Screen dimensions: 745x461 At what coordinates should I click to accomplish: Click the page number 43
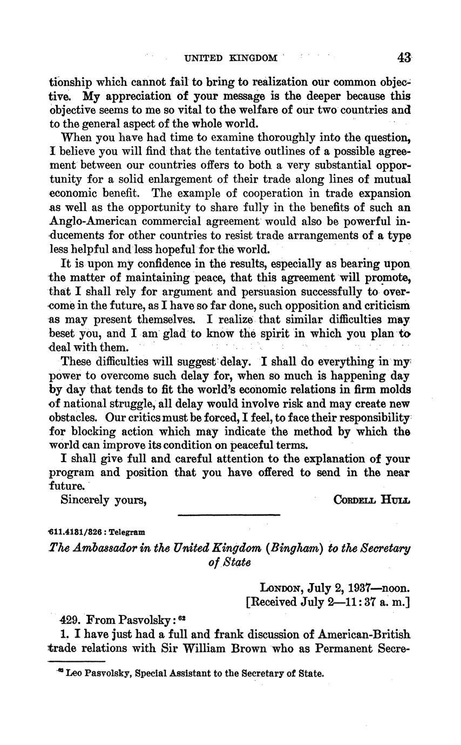pyautogui.click(x=403, y=58)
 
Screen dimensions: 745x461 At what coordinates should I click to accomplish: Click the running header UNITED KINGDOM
pyautogui.click(x=231, y=58)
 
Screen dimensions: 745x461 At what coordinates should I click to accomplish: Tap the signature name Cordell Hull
pyautogui.click(x=372, y=499)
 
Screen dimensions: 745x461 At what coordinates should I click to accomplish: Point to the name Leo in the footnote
pyautogui.click(x=73, y=673)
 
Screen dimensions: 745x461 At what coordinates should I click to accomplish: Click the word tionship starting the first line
pyautogui.click(x=70, y=83)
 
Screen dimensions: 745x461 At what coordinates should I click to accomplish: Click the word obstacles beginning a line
pyautogui.click(x=72, y=417)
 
